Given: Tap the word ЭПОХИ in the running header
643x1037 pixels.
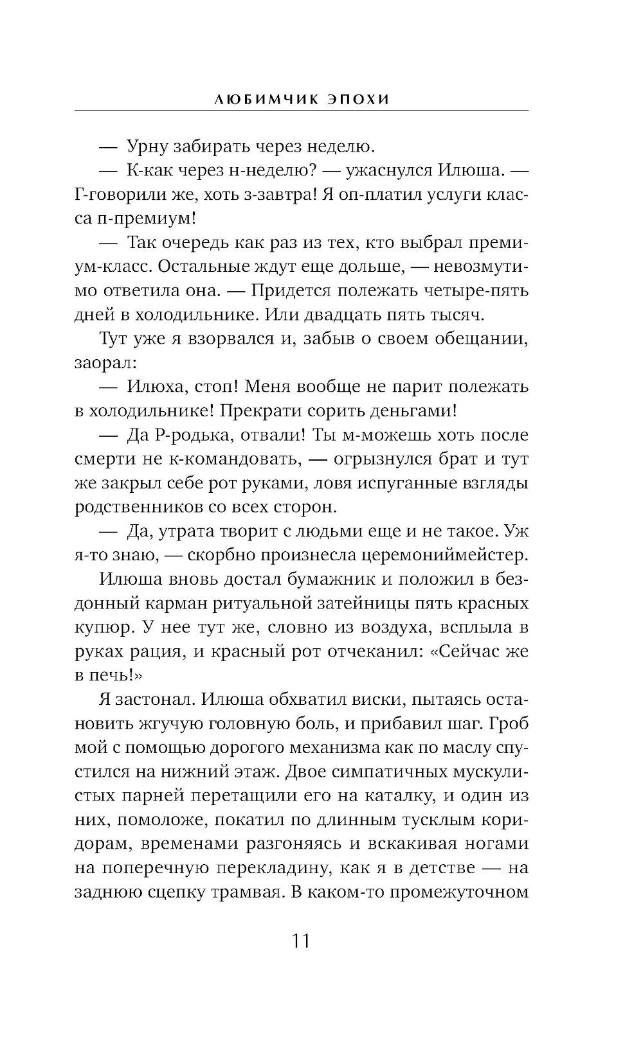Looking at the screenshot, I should click(358, 100).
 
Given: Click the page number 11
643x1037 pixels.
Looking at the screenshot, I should click(301, 941).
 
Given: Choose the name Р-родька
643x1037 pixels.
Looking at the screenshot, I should click(194, 435).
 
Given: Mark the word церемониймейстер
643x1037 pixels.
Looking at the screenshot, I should click(444, 556).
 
